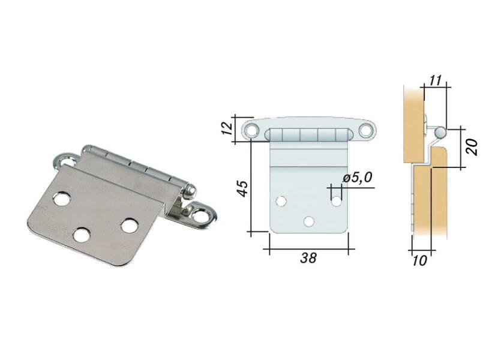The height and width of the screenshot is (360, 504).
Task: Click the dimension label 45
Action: tap(242, 188)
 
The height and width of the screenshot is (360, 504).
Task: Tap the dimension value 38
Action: tap(308, 258)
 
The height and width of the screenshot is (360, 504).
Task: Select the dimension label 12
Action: tap(227, 128)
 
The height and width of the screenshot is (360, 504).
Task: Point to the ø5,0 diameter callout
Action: tap(357, 177)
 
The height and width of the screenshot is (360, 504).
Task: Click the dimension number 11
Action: tap(436, 80)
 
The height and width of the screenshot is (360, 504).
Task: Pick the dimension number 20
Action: tap(472, 147)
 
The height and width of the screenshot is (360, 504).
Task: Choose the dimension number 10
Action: tap(419, 260)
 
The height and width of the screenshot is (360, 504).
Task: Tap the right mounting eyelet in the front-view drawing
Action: tap(365, 131)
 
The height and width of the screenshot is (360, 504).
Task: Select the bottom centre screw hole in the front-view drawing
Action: tap(309, 221)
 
